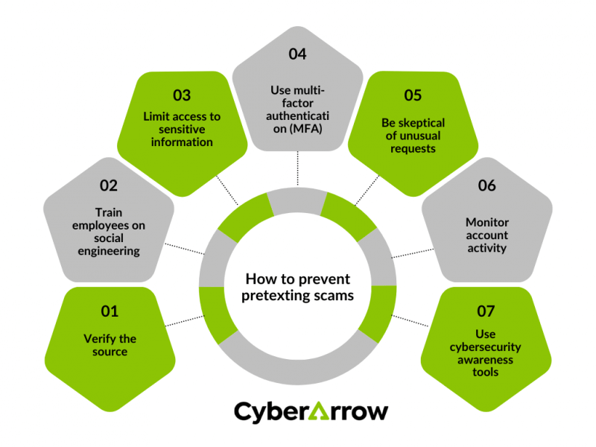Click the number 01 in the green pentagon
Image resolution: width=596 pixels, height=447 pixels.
(110, 311)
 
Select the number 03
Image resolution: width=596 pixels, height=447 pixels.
(182, 95)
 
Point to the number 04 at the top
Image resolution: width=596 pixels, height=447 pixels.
(297, 54)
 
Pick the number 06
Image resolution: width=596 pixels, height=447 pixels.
(486, 186)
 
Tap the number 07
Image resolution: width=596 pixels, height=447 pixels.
(486, 311)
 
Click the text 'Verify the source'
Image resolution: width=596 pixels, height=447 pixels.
(110, 345)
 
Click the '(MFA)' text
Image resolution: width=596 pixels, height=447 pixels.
(297, 130)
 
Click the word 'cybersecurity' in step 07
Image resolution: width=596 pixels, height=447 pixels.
(486, 346)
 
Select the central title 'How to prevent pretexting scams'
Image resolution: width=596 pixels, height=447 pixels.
(298, 287)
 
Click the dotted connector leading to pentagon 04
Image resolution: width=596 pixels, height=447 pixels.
(297, 169)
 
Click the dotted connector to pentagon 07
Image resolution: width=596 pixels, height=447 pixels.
(411, 321)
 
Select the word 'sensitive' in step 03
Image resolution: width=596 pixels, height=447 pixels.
(182, 129)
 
